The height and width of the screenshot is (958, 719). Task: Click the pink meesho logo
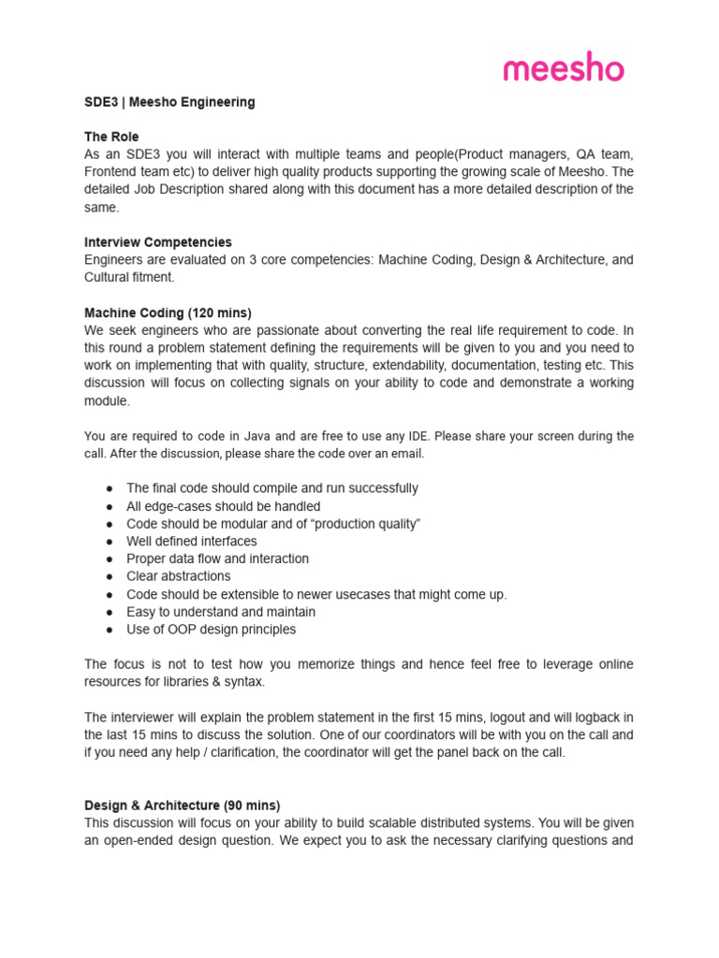tap(564, 67)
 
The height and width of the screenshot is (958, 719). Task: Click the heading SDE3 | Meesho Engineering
tap(169, 102)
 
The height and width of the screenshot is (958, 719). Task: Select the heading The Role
tap(111, 137)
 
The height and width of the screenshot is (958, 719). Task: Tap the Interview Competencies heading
tap(158, 242)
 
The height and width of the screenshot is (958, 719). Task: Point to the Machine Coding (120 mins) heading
tap(168, 312)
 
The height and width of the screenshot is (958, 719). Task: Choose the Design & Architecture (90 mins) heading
tap(182, 805)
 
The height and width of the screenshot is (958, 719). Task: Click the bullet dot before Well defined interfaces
tap(110, 542)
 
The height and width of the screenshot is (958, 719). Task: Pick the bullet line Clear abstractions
tap(178, 576)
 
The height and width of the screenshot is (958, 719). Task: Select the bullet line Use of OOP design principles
tap(211, 630)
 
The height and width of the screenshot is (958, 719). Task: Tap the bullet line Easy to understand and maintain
tap(220, 612)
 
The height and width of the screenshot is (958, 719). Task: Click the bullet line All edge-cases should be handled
tap(223, 506)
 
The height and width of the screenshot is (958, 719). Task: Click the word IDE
tap(424, 436)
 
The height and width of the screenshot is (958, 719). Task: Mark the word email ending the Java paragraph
tap(405, 454)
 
